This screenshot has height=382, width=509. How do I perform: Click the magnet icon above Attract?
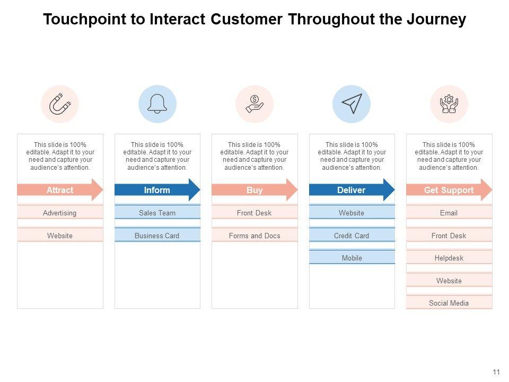pyautogui.click(x=60, y=104)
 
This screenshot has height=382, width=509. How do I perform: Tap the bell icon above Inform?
pyautogui.click(x=157, y=104)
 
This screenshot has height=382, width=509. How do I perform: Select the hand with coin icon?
pyautogui.click(x=254, y=104)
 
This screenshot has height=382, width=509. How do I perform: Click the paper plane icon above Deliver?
pyautogui.click(x=352, y=104)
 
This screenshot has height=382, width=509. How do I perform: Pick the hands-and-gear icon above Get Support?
pyautogui.click(x=449, y=104)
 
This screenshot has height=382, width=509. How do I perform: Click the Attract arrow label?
pyautogui.click(x=60, y=190)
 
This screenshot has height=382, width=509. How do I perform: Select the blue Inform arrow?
pyautogui.click(x=157, y=190)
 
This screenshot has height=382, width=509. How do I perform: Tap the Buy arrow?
pyautogui.click(x=254, y=190)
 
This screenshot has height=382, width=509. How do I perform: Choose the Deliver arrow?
pyautogui.click(x=352, y=190)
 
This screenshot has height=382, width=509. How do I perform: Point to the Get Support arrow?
pyautogui.click(x=449, y=190)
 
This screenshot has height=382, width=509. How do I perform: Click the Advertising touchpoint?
pyautogui.click(x=60, y=213)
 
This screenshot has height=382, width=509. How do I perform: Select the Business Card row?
pyautogui.click(x=157, y=236)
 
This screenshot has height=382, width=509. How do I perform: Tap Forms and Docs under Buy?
pyautogui.click(x=254, y=236)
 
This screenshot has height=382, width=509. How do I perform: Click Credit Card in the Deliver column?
pyautogui.click(x=352, y=236)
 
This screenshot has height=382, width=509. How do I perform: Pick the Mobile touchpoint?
pyautogui.click(x=352, y=258)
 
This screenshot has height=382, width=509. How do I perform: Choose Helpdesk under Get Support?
pyautogui.click(x=449, y=258)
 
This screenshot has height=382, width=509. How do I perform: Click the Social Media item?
pyautogui.click(x=449, y=303)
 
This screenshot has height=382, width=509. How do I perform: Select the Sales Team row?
pyautogui.click(x=157, y=213)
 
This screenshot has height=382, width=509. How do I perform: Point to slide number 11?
pyautogui.click(x=496, y=372)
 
